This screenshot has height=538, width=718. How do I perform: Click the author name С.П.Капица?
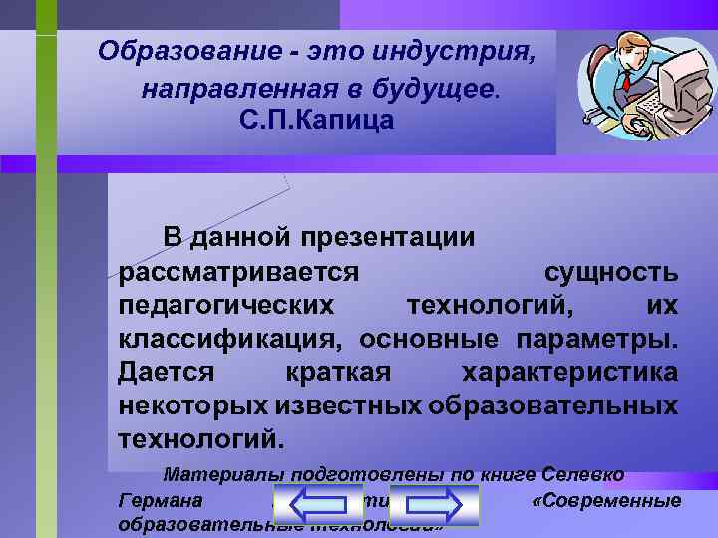point(318,121)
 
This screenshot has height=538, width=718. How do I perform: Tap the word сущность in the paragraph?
point(612,271)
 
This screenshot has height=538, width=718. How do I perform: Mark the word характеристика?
point(570,372)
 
